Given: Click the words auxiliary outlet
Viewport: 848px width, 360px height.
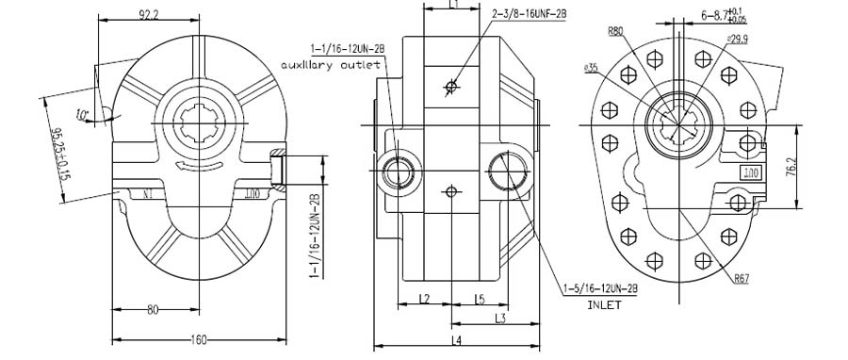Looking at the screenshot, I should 330,65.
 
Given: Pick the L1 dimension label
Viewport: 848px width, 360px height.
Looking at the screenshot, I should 452,5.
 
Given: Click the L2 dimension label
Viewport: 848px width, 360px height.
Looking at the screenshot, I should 424,299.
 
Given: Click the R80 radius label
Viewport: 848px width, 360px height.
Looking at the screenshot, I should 615,31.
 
